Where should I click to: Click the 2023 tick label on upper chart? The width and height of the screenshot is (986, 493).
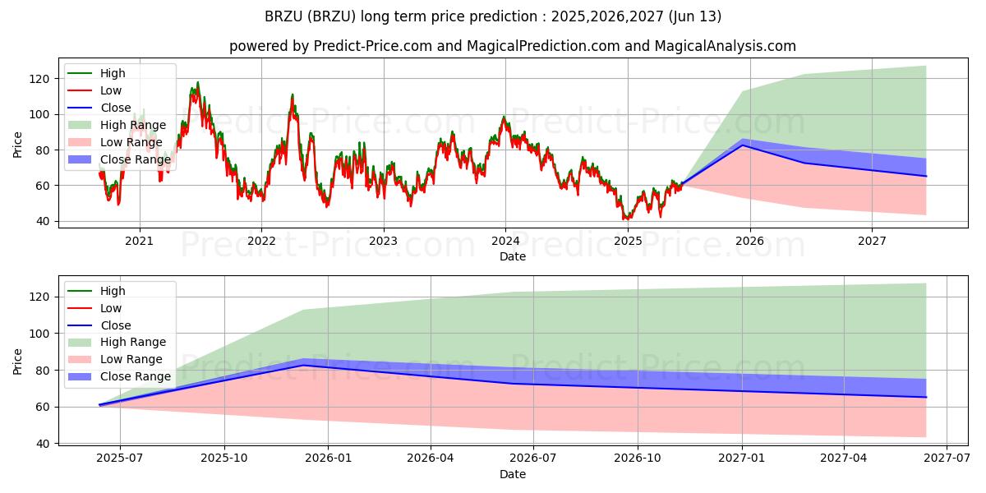tap(383, 240)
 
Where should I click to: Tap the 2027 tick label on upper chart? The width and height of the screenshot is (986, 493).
tap(872, 240)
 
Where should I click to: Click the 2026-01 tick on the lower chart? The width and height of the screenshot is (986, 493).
tap(327, 459)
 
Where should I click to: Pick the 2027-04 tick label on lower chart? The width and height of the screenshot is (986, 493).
tap(844, 459)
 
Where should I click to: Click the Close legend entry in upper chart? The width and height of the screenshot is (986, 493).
tap(116, 108)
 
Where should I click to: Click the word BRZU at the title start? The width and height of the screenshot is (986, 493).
tap(282, 16)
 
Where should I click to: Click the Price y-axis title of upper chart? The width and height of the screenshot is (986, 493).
tap(18, 145)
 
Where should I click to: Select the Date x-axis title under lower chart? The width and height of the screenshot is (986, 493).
tap(513, 474)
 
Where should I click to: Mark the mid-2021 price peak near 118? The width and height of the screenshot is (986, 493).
tap(197, 82)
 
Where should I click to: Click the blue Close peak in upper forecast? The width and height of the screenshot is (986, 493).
tap(744, 145)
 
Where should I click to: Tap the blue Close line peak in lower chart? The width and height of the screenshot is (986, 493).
tap(305, 365)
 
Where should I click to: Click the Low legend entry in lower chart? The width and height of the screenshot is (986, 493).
tap(110, 308)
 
